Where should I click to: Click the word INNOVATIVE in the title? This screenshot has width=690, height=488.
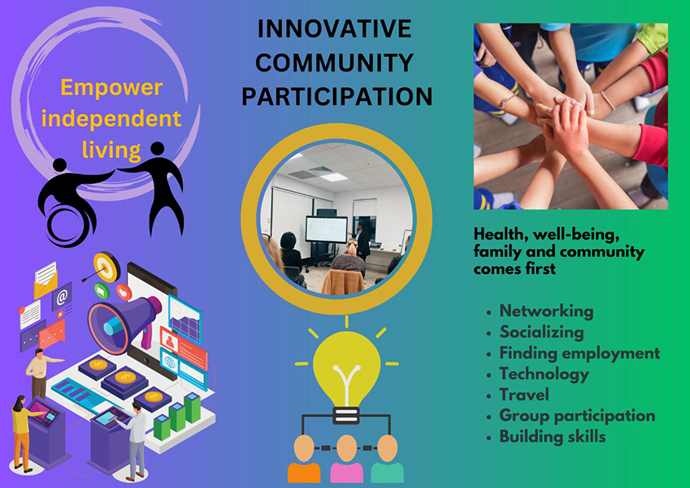coord(335,29)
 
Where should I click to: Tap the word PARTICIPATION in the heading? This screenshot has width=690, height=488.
coord(337,97)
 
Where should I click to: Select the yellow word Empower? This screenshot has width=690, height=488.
coord(111,88)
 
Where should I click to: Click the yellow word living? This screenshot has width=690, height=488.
coord(111,150)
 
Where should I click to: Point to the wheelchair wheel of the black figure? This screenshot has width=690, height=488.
coord(67,224)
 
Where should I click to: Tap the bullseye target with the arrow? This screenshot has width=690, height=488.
coord(106,267)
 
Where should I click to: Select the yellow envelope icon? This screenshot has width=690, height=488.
coord(46,281)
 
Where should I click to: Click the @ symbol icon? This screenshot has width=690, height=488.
coord(62,297)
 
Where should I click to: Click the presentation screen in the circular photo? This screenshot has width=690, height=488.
coord(327,229)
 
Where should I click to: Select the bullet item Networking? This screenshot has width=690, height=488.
coord(546,311)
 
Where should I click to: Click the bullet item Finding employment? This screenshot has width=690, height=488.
coord(579,353)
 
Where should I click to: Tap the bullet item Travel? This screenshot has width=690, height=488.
coord(524,394)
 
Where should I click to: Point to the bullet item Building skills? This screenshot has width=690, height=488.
coord(553,437)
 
